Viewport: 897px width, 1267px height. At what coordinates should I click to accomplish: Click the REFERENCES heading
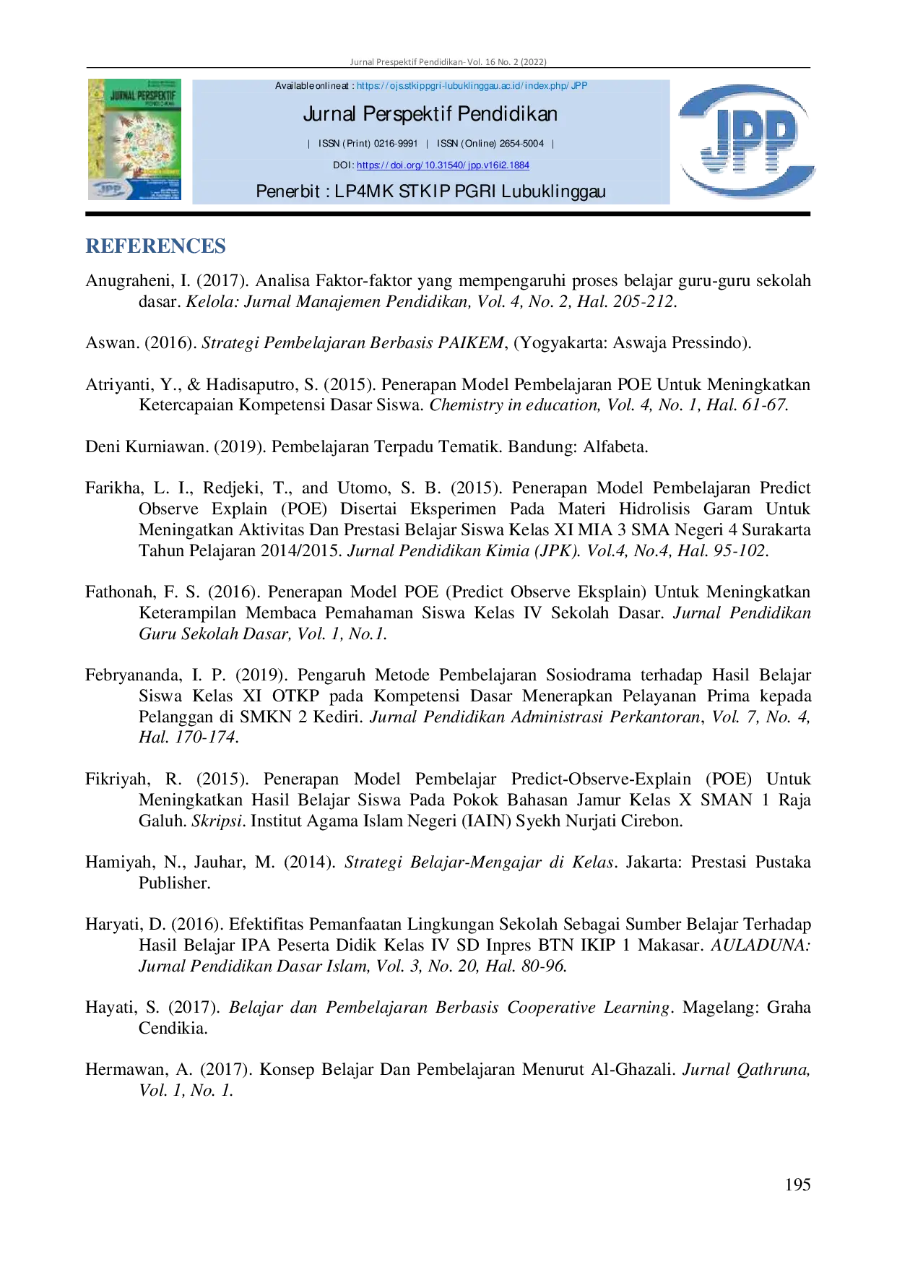[x=155, y=246]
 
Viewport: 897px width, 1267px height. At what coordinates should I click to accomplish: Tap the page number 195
[x=797, y=1185]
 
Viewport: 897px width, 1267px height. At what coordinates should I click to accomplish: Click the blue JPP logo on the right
[x=747, y=141]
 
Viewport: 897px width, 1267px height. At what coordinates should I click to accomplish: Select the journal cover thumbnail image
[x=134, y=139]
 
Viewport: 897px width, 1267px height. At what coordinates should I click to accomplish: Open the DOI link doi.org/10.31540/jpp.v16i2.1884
[x=443, y=165]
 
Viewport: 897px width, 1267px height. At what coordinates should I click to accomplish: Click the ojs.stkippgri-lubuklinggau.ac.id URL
[x=472, y=86]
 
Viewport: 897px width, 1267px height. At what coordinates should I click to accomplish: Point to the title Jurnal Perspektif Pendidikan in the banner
[x=430, y=114]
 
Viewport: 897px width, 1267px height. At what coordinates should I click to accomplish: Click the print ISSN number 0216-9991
[x=396, y=144]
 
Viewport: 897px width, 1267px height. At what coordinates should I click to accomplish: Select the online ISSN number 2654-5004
[x=521, y=144]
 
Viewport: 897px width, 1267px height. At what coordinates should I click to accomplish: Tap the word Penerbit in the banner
[x=287, y=191]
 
